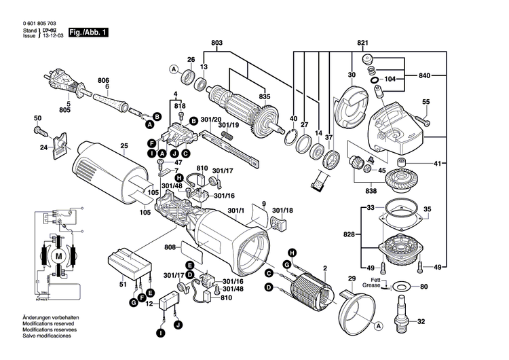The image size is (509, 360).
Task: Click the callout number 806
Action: coord(103,80)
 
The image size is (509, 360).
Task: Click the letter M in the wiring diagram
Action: coord(58,255)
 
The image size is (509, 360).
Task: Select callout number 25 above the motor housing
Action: coord(124,146)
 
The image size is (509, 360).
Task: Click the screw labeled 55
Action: coord(422,120)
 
